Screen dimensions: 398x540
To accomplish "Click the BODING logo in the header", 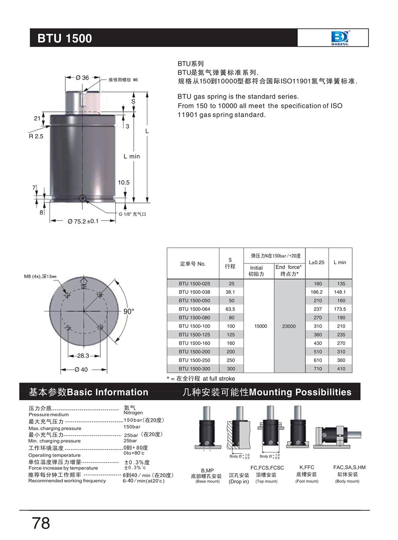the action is tap(339, 38).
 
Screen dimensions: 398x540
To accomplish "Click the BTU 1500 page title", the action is tap(64, 38).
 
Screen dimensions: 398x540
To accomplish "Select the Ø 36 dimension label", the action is tap(82, 78).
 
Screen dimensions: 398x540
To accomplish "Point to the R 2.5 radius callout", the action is tap(36, 136).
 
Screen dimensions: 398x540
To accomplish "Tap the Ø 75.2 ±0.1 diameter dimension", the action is tap(83, 221).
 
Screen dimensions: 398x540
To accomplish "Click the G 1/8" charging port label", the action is tap(133, 214).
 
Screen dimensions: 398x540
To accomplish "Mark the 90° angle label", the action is tap(129, 312).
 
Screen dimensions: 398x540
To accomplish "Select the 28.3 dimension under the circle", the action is tap(83, 356).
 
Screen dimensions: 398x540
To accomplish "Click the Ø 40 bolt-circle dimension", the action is tap(81, 369).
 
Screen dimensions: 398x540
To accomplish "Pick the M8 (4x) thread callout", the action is tap(40, 276).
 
